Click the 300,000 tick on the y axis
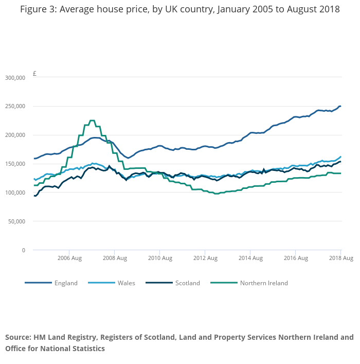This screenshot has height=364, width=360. click(15, 78)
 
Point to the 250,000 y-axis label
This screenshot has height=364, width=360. click(15, 107)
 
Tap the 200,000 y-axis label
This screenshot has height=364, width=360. click(15, 135)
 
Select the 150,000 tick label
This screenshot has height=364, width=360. click(15, 164)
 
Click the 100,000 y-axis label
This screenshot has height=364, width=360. click(15, 193)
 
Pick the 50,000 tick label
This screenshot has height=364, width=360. click(16, 221)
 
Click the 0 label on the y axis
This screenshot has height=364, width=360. click(23, 250)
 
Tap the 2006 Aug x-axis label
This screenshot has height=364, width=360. click(70, 258)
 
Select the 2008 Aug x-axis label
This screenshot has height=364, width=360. click(115, 258)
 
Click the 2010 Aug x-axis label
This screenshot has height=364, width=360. click(159, 258)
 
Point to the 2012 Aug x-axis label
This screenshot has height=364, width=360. click(204, 258)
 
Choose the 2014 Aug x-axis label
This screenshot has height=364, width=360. click(249, 258)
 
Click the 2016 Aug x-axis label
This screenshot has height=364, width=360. click(295, 258)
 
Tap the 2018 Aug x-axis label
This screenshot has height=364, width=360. click(340, 258)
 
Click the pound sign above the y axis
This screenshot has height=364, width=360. click(34, 74)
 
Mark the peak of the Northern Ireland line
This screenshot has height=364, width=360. click(92, 120)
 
